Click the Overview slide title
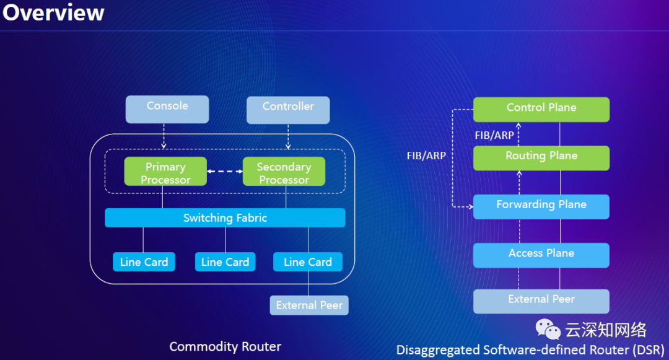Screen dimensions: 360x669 tap(53, 13)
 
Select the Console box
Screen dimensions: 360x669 tap(167, 109)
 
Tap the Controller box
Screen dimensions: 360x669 tap(288, 110)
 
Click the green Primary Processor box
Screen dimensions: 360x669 tap(165, 172)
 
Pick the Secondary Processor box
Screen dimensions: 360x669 tap(284, 172)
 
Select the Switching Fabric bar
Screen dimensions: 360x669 tap(225, 217)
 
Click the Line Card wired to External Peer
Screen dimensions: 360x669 tap(308, 262)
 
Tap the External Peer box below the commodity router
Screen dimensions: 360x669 tap(309, 305)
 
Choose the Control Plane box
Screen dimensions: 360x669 tap(541, 109)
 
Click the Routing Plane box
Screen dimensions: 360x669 tap(541, 157)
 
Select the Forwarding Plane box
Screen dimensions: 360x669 tap(541, 206)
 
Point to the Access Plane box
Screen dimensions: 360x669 tap(541, 255)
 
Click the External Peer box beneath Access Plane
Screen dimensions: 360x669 tap(541, 301)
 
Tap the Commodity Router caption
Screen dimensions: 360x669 tap(225, 346)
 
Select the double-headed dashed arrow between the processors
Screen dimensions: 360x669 tap(224, 172)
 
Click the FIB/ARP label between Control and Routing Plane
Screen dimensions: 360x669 tap(494, 134)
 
